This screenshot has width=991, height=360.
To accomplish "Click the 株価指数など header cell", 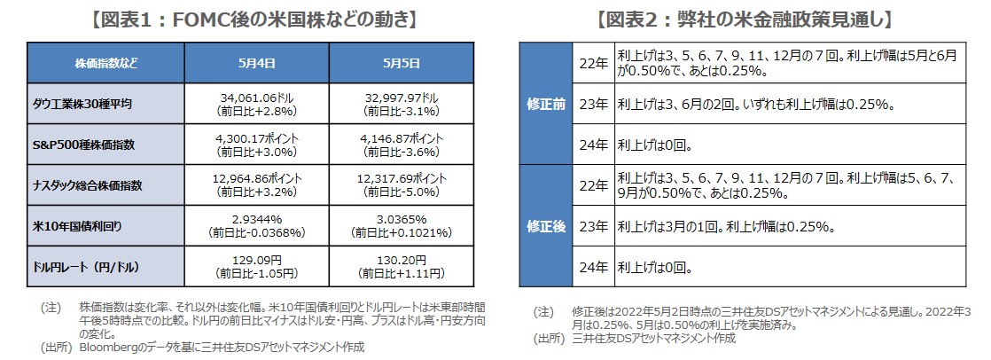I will coord(106,63).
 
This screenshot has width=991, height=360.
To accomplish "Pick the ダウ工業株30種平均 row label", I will coord(90,104).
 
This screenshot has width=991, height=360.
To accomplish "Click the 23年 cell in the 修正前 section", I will coord(590,104).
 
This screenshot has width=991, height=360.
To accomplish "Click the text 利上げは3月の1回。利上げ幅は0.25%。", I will coord(727,225).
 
